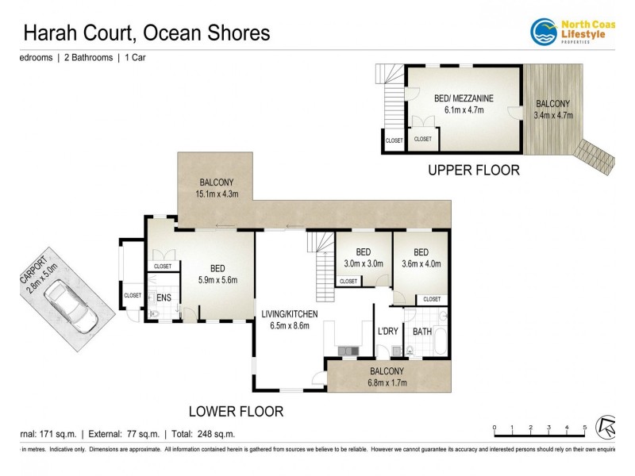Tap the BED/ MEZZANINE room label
click(x=464, y=98)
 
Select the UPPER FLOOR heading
click(x=473, y=170)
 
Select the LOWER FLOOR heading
click(x=235, y=411)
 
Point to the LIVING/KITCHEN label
click(x=290, y=314)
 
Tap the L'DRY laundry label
click(x=387, y=331)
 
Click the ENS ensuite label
click(x=164, y=298)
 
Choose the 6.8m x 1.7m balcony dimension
click(x=386, y=383)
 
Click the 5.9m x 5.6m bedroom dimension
click(x=217, y=279)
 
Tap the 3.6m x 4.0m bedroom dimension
click(x=421, y=264)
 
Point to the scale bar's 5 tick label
click(x=585, y=428)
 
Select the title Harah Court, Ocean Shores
click(x=146, y=33)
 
